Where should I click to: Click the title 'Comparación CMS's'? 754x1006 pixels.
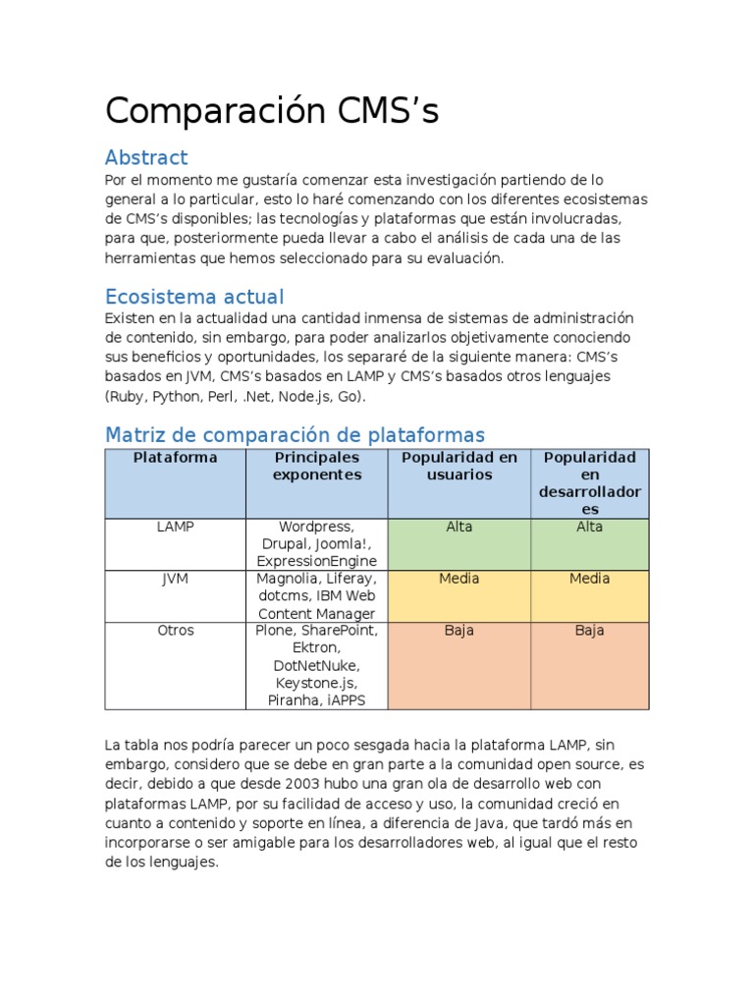pos(272,112)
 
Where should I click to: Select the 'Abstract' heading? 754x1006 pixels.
pos(146,157)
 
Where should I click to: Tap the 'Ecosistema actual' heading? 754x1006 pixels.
pos(194,297)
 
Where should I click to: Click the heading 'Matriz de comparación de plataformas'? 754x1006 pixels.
pos(295,434)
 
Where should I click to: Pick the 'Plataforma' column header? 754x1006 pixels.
pos(176,458)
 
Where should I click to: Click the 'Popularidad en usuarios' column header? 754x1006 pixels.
pos(458,467)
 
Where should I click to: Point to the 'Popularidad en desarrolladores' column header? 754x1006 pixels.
pos(589,483)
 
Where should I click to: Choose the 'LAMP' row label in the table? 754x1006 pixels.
pos(176,527)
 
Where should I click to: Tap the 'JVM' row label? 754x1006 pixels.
pos(176,579)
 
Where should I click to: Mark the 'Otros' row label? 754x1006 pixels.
pos(176,631)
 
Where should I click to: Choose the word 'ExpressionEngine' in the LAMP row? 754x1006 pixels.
pos(317,561)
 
